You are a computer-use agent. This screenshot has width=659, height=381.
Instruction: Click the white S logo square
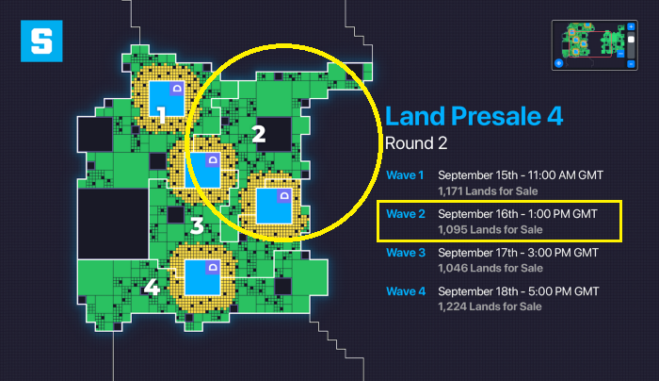tap(40, 41)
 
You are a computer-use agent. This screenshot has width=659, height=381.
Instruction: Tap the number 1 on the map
tap(161, 115)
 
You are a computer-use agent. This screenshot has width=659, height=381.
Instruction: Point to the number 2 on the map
tap(259, 134)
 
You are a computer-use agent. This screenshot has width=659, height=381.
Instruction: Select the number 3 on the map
tap(196, 225)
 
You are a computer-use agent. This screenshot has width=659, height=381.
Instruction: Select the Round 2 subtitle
tap(417, 143)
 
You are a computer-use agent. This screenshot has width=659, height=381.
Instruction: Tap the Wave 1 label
tap(405, 175)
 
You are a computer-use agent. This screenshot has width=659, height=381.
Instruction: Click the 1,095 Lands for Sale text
tap(490, 229)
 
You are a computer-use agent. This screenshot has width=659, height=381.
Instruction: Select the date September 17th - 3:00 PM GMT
tap(518, 253)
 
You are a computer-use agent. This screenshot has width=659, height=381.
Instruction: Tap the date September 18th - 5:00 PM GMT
tap(518, 290)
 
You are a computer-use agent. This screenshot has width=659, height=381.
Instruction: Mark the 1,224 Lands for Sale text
tap(490, 306)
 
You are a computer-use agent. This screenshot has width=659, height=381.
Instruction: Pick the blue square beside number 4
tap(201, 276)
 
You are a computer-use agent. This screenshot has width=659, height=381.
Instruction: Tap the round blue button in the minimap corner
tap(558, 63)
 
